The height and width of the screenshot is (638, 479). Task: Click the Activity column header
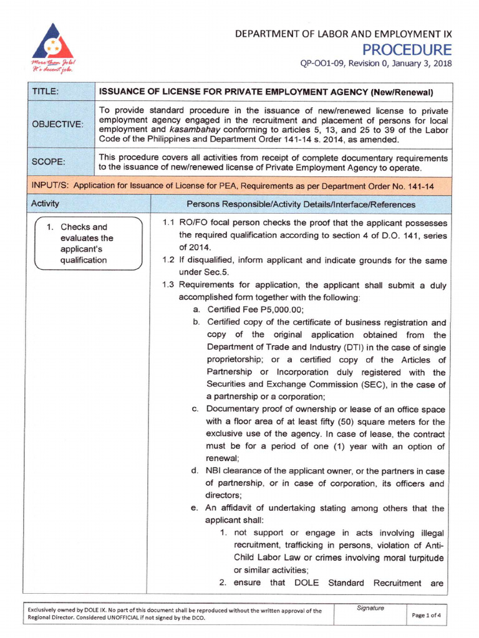[x=45, y=204]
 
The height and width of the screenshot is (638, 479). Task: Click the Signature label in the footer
[x=370, y=608]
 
